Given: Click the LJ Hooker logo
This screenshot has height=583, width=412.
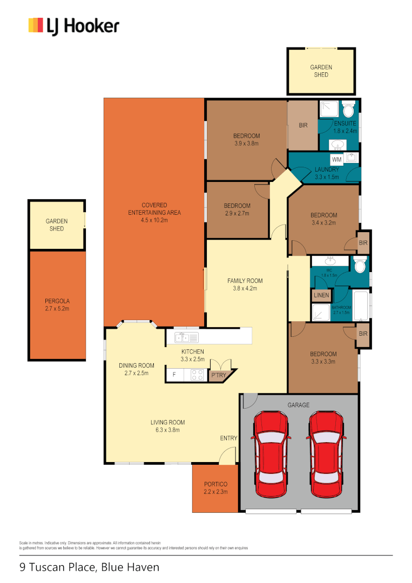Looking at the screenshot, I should (73, 26).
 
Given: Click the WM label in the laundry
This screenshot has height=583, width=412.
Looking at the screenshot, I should (336, 160).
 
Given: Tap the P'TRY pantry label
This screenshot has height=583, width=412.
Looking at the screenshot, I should (218, 375).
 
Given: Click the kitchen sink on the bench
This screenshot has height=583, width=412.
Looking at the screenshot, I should (184, 337).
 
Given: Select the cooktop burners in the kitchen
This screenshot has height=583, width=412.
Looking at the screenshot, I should (197, 375).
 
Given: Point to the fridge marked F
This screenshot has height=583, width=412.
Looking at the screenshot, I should (174, 375).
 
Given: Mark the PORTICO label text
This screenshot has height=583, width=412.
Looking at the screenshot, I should (215, 484).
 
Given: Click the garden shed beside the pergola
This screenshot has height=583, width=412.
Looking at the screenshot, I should (56, 225).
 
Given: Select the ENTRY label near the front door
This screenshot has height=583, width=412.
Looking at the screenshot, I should (228, 438).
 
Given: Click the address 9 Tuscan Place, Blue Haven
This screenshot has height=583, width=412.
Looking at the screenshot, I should (90, 567).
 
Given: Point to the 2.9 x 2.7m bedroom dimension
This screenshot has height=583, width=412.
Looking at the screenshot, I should (237, 213).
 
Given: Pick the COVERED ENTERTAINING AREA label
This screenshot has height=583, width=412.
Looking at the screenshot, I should (154, 209).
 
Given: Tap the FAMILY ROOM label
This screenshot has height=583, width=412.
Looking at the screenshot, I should (245, 281).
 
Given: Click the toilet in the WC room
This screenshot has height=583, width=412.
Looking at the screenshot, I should (359, 265).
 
